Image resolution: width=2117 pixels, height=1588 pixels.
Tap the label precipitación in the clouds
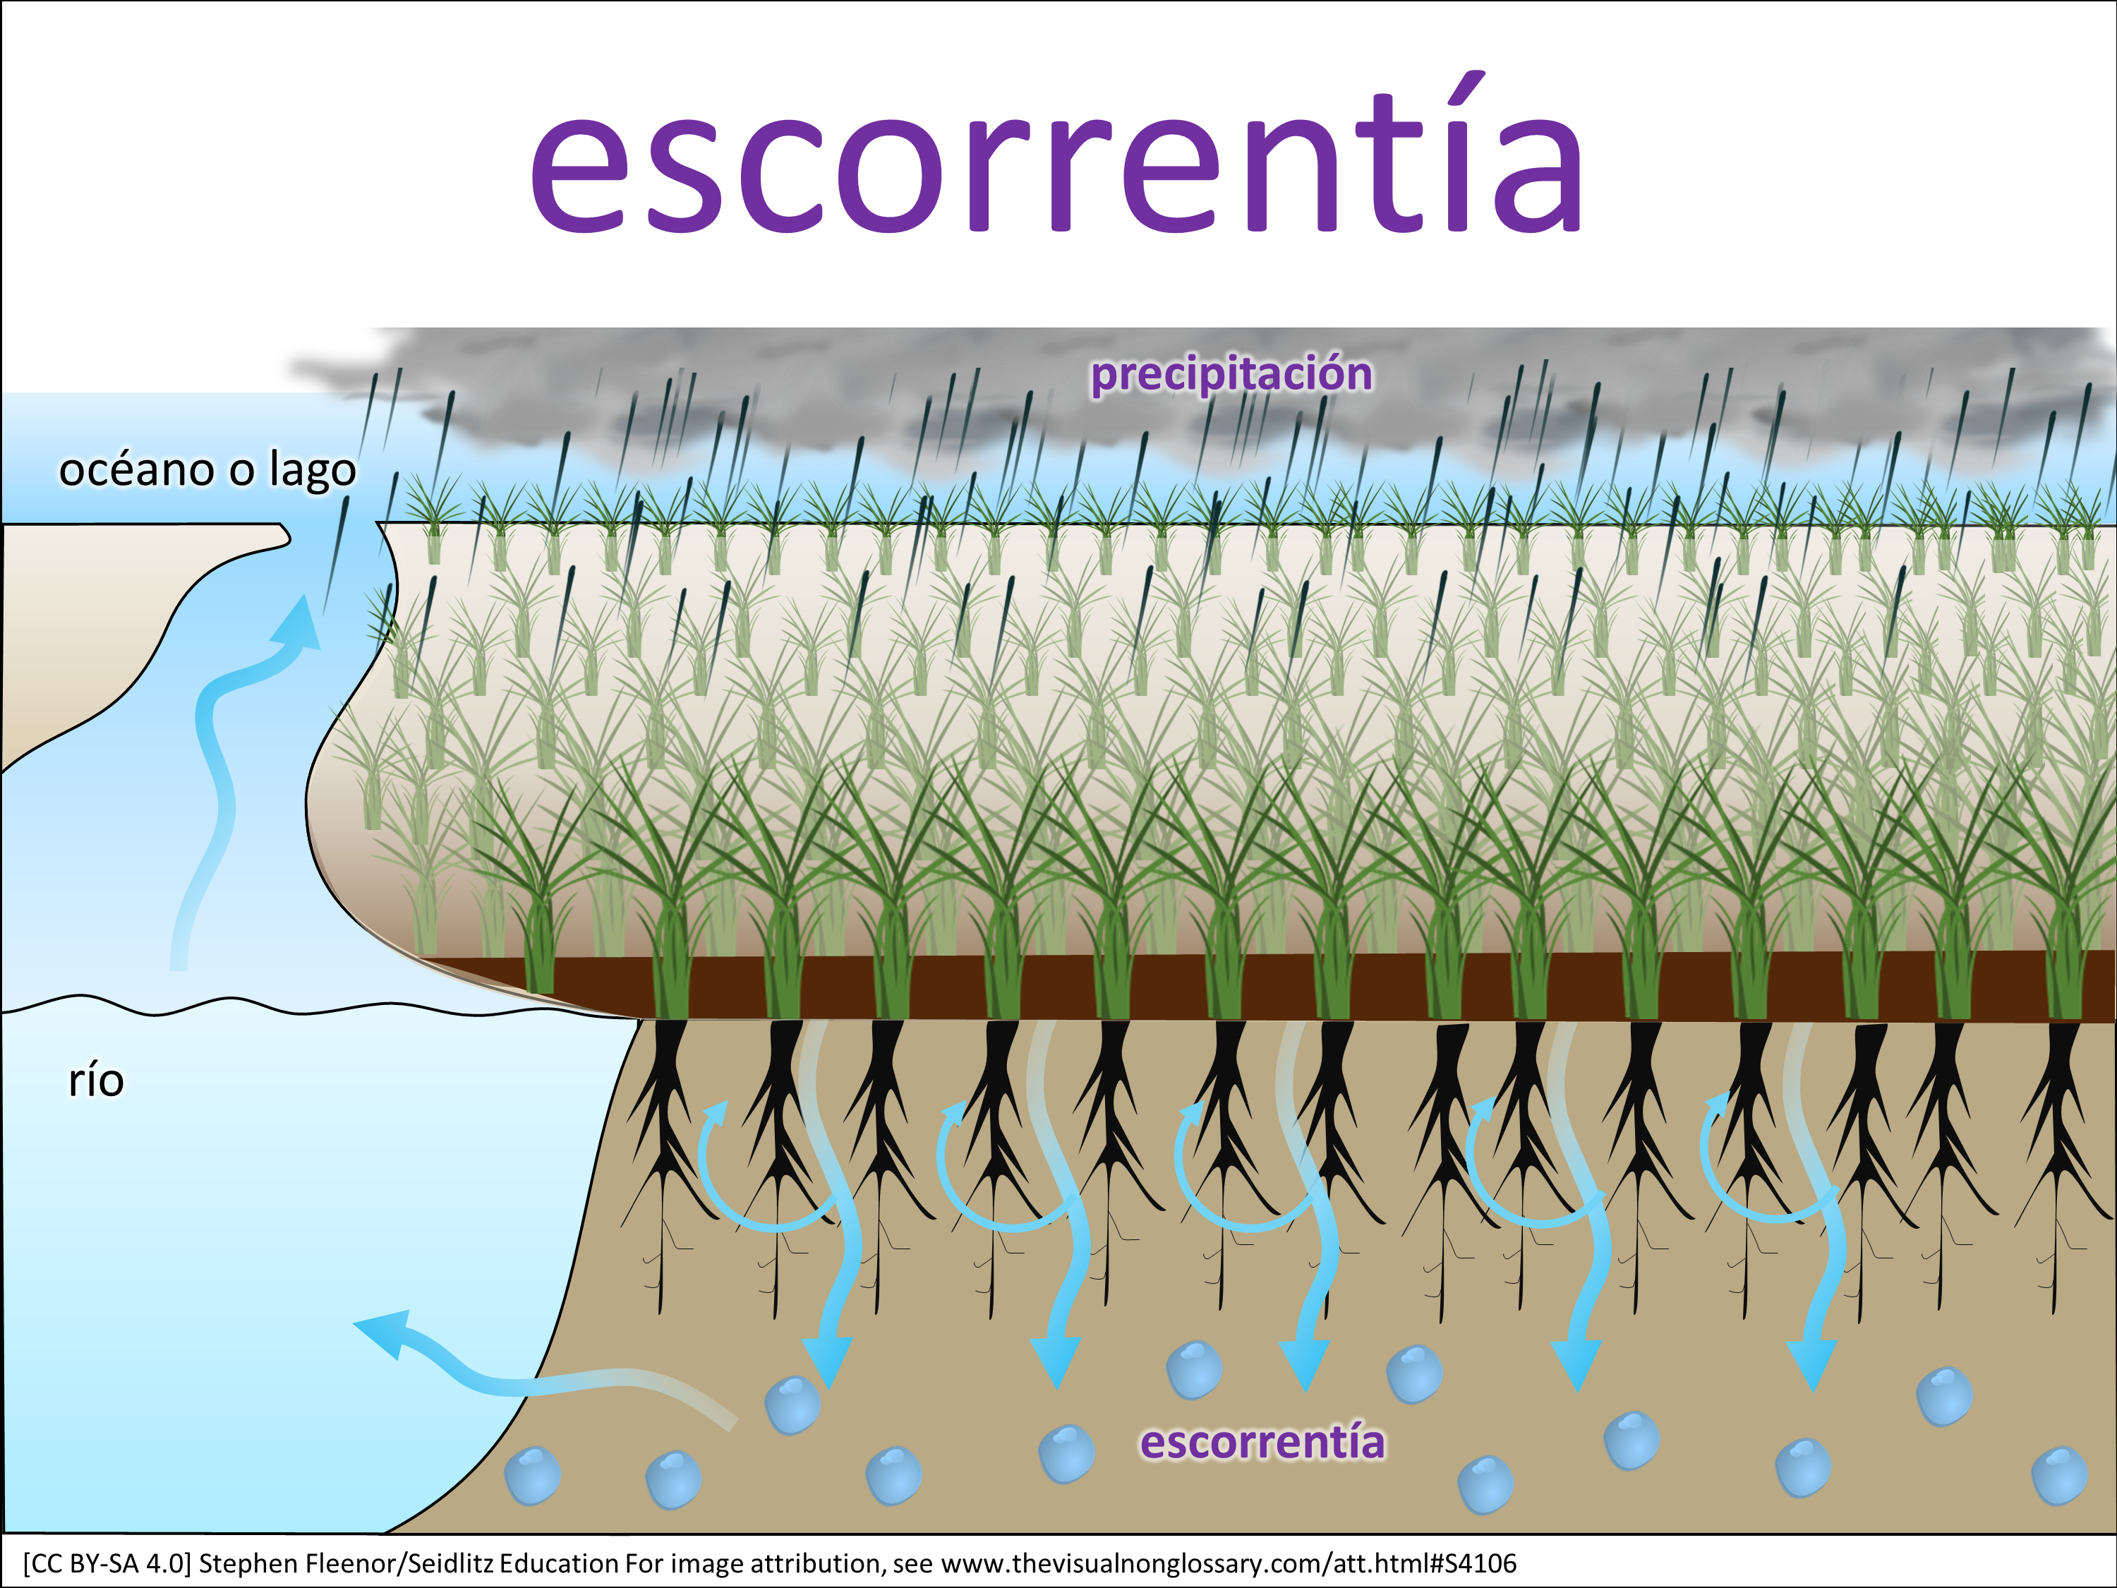coord(1231,373)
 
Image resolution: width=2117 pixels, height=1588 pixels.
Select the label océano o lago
coord(207,470)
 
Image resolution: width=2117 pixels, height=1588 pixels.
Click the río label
coord(96,1081)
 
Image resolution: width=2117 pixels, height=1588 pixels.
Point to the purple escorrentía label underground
coord(1262,1443)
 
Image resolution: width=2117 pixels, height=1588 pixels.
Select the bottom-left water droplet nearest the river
coord(532,1474)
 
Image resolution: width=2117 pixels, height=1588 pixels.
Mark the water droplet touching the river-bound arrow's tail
coord(792,1405)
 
